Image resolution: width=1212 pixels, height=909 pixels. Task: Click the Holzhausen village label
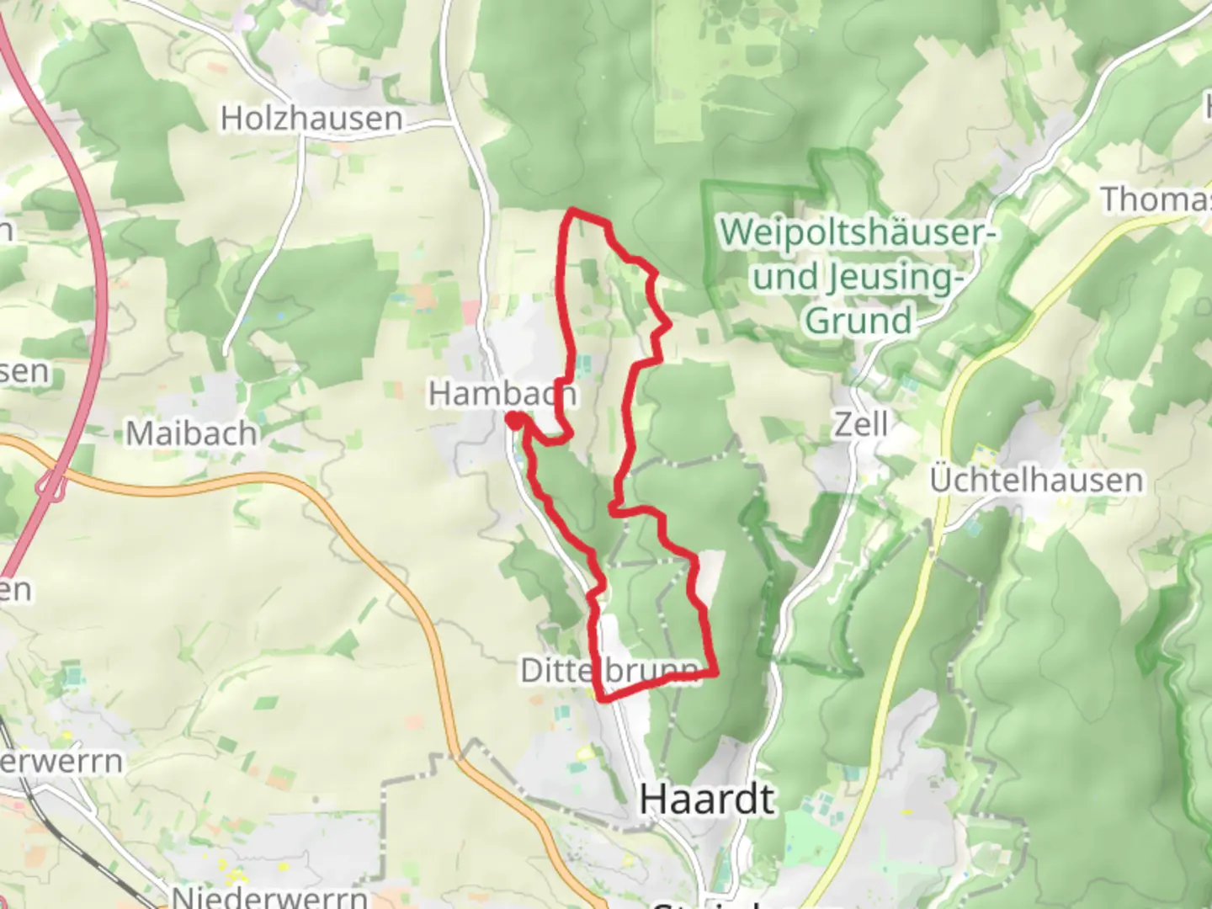pos(311,119)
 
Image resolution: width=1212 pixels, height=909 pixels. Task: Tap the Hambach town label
pos(502,393)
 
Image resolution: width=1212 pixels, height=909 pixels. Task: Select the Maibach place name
pos(191,433)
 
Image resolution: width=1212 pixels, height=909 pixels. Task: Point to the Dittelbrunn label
pos(609,671)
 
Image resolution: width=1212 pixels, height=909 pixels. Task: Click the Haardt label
pos(707,798)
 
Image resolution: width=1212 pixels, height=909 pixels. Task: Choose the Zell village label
pos(861,424)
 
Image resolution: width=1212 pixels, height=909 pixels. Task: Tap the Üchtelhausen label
pos(1036,481)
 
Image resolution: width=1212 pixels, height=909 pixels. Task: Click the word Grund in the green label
pos(858,321)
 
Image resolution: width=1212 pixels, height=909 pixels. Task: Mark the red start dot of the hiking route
pos(513,419)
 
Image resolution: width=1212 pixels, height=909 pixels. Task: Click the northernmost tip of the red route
pos(573,210)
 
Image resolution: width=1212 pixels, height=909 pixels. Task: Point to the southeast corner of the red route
pos(715,672)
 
